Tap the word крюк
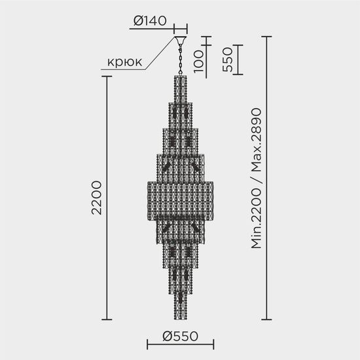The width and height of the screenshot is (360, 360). pyautogui.click(x=123, y=63)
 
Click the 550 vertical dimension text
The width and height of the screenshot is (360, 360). pyautogui.click(x=226, y=60)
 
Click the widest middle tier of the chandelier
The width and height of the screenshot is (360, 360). pyautogui.click(x=181, y=196)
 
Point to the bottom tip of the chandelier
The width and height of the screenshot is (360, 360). pyautogui.click(x=181, y=317)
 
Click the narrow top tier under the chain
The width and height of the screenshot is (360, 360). pyautogui.click(x=181, y=88)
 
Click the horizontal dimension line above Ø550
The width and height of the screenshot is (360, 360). pyautogui.click(x=181, y=348)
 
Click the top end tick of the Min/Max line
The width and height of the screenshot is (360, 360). pyautogui.click(x=267, y=37)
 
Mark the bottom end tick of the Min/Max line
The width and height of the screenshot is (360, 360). pyautogui.click(x=267, y=319)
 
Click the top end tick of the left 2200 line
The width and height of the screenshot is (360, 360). pyautogui.click(x=108, y=77)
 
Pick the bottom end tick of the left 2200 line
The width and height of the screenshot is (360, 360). pyautogui.click(x=108, y=319)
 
